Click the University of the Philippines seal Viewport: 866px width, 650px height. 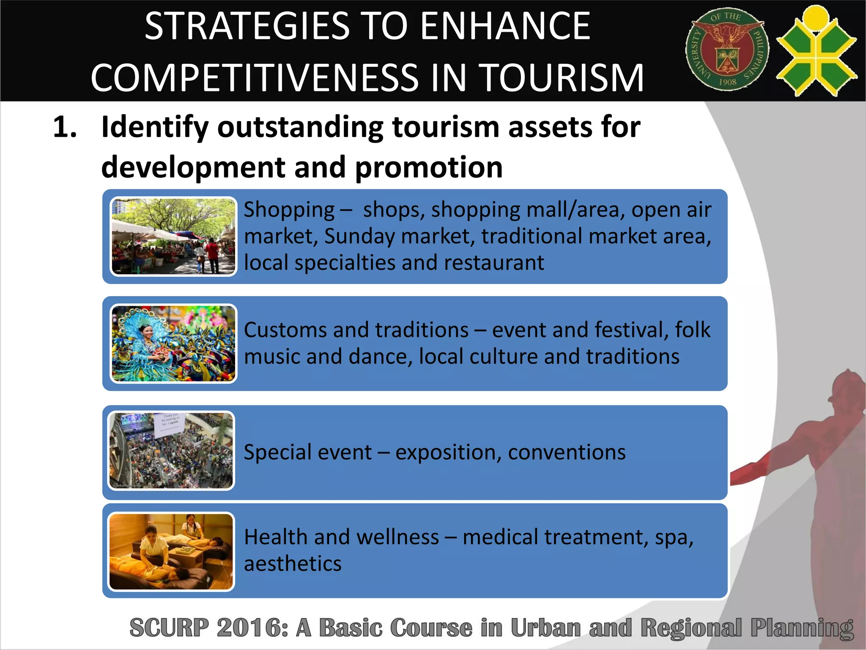point(727,50)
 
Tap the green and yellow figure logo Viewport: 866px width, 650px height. point(817,51)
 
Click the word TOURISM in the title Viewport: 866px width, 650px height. point(562,78)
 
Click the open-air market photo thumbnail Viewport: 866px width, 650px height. point(173,236)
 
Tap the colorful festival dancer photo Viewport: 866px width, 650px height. point(173,344)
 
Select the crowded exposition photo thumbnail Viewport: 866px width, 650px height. point(171,451)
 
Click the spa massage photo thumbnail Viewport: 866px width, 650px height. point(171,551)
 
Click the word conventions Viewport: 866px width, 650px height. point(567,452)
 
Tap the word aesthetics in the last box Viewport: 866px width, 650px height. point(293,564)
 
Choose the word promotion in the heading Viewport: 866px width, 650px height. point(429,168)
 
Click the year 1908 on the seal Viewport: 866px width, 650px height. point(727,82)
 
